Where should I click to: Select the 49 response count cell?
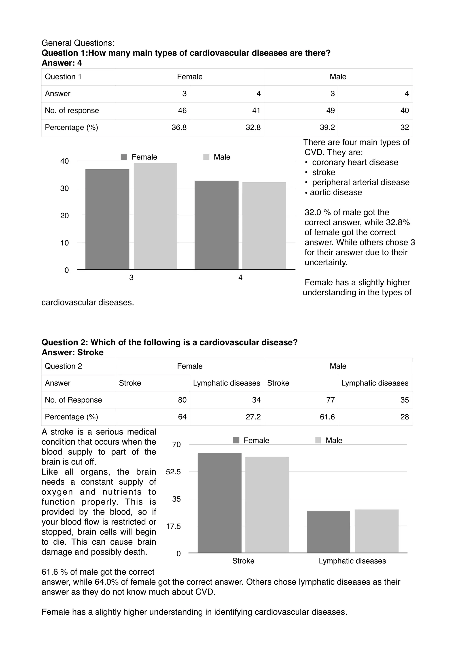[330, 111]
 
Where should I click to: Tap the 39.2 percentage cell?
[327, 128]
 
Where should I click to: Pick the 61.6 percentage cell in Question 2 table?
[327, 417]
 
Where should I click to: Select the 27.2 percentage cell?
[253, 417]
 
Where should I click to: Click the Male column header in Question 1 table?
[338, 77]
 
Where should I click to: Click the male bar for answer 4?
[264, 226]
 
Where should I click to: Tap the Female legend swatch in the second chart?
[236, 440]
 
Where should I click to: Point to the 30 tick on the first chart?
[65, 189]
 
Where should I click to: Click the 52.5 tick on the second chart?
[173, 472]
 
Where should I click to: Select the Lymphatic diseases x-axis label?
[352, 561]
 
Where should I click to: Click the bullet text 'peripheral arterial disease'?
[360, 182]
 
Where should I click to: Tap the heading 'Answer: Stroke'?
[72, 352]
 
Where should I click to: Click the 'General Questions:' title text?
[78, 43]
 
